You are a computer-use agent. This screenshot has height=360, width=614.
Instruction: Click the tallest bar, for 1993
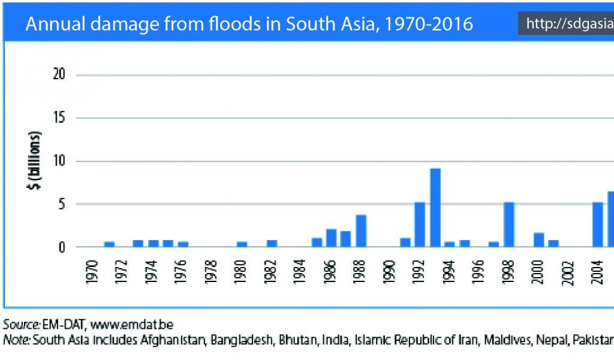click(x=435, y=208)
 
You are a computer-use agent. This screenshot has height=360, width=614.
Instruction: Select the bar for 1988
click(x=361, y=231)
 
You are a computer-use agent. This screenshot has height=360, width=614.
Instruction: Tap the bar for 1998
click(x=509, y=224)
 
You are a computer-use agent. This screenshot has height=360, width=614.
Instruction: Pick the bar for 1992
click(x=420, y=224)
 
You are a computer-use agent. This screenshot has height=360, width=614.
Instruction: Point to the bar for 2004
click(x=598, y=224)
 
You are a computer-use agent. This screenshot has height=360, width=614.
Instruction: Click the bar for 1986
click(x=331, y=238)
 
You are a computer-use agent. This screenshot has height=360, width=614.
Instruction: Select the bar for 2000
click(x=538, y=239)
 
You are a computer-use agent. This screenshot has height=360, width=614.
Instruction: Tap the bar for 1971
click(x=109, y=244)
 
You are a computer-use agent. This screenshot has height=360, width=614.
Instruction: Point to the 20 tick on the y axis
click(x=59, y=75)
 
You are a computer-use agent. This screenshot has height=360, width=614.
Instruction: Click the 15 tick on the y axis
click(x=59, y=118)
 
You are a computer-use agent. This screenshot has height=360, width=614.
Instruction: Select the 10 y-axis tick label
click(x=59, y=161)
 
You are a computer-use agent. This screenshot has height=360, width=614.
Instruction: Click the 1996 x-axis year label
click(x=478, y=272)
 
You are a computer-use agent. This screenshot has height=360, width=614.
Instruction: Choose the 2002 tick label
click(x=568, y=272)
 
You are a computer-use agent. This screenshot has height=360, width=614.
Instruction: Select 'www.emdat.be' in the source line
click(x=132, y=326)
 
